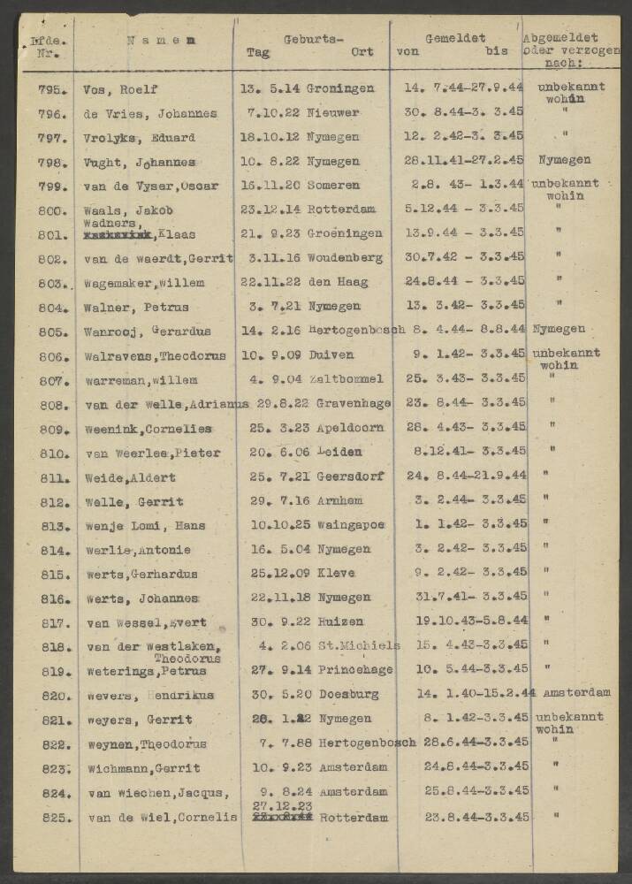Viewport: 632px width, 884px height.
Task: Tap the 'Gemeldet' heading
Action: [x=455, y=39]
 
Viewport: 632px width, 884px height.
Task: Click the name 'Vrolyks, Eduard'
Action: [x=139, y=138]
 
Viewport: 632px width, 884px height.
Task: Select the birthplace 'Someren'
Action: [x=333, y=186]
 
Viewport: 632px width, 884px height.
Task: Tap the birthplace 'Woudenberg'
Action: [x=344, y=258]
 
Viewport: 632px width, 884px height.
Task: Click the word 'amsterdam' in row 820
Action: [x=577, y=693]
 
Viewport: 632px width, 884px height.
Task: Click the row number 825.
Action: [x=55, y=818]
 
